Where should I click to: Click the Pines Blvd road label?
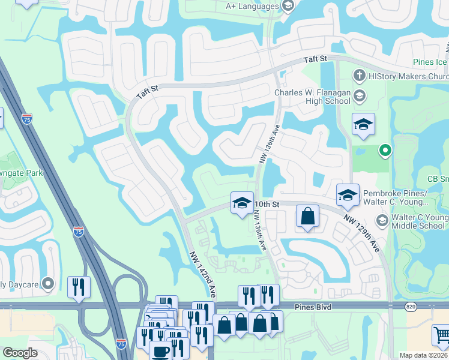[313, 307]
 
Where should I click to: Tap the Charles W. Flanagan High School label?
[312, 97]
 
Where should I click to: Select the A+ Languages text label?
[252, 6]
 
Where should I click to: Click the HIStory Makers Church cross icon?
[359, 76]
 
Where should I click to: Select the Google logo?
[20, 353]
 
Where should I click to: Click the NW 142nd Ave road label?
[202, 273]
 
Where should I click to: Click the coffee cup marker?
[160, 351]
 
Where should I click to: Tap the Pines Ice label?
[430, 62]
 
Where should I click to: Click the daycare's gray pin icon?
[49, 283]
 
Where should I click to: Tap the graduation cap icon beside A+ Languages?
[288, 6]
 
